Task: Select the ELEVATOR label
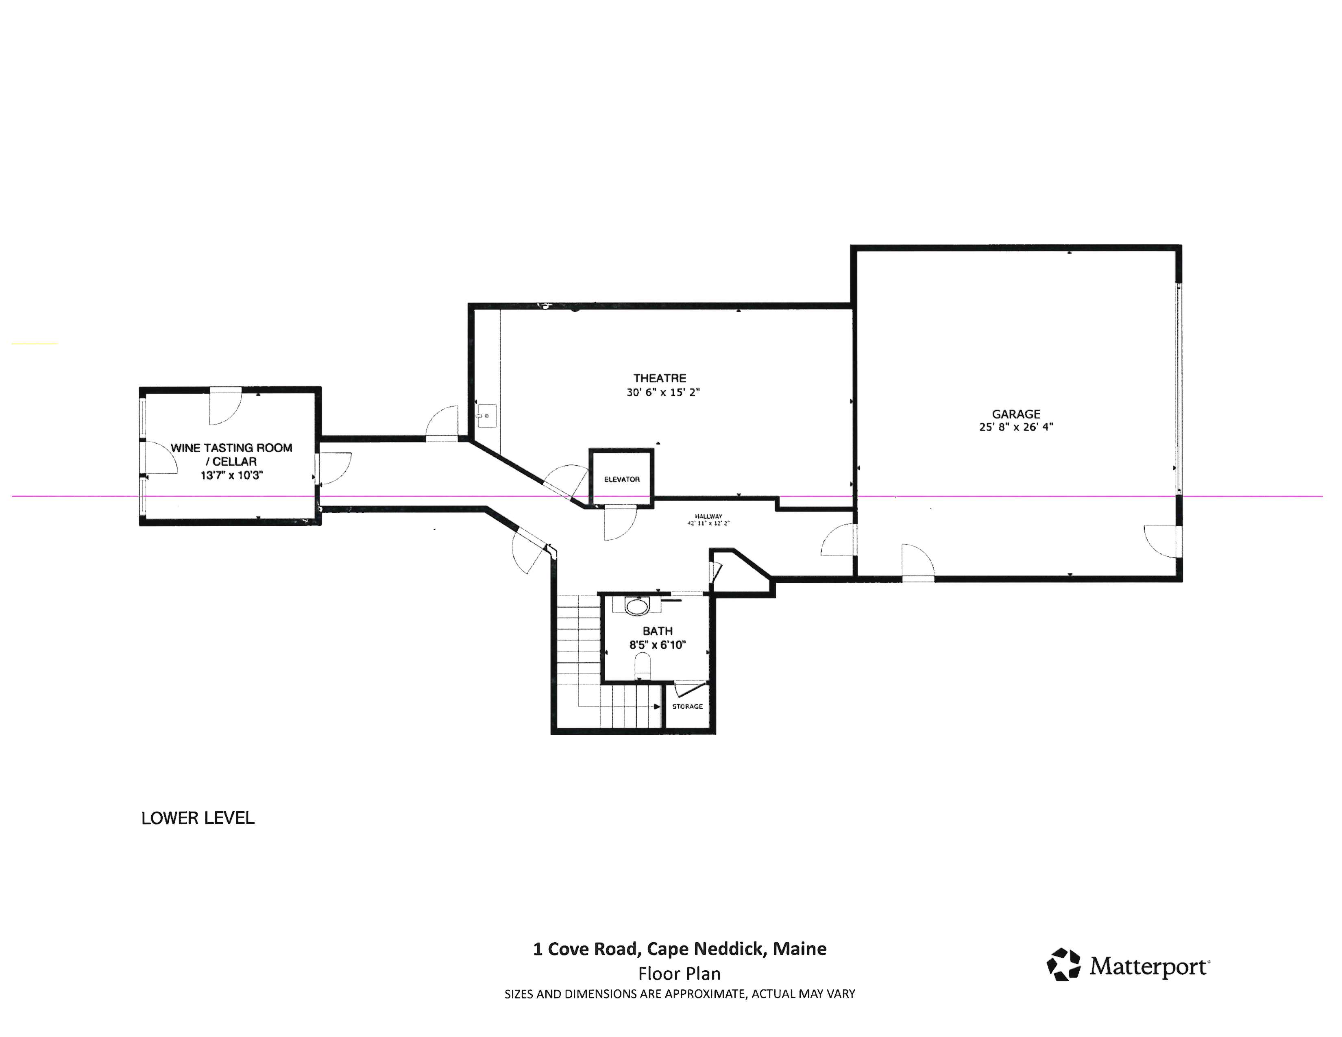[622, 479]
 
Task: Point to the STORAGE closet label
[687, 706]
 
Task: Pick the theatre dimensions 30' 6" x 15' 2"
[663, 392]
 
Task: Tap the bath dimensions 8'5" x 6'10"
[658, 645]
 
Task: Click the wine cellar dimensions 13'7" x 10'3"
[232, 475]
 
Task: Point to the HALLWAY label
[708, 516]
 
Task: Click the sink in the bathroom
[637, 606]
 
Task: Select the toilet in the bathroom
[642, 666]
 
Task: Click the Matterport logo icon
[1064, 965]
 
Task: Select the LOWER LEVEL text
[198, 818]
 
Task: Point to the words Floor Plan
[680, 974]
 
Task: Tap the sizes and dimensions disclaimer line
[680, 994]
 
